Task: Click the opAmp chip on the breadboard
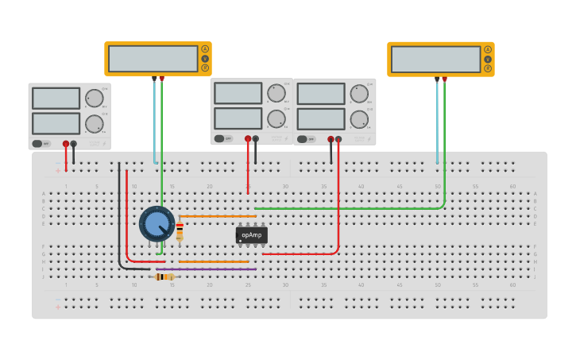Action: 251,235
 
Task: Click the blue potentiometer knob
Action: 157,224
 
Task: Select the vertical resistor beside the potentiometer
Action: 180,230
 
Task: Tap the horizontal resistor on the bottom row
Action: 164,277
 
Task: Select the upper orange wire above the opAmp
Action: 218,216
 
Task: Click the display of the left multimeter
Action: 153,59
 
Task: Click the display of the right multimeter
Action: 435,59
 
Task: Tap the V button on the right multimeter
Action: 488,59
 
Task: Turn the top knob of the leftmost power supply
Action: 94,99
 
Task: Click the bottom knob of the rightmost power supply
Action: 359,119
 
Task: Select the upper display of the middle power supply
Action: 238,93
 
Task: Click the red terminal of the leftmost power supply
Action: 66,144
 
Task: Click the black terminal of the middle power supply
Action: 255,138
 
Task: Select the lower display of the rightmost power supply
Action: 321,119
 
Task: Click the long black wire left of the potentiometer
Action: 119,215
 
